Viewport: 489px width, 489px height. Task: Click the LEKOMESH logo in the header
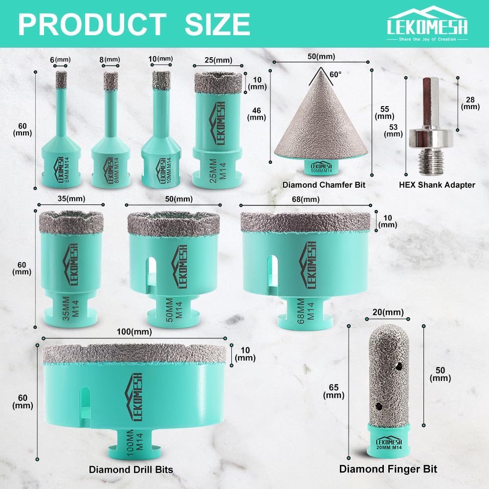coord(427,23)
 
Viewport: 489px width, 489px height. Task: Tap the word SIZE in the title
coord(218,24)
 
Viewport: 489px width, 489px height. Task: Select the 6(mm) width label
coord(60,60)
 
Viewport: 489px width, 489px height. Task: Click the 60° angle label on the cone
coord(335,74)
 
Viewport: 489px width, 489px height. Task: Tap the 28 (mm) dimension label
coord(470,103)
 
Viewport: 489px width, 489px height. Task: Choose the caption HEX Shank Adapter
coord(437,185)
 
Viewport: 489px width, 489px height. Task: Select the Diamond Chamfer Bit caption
coord(324,185)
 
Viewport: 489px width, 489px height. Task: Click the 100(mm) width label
coord(134,332)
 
